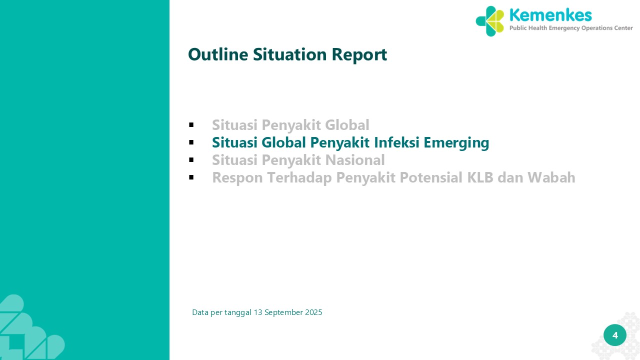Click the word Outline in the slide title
[218, 54]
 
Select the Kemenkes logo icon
[489, 21]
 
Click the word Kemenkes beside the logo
[550, 15]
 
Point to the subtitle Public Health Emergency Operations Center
[571, 28]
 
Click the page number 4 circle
[615, 335]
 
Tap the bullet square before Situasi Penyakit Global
[191, 125]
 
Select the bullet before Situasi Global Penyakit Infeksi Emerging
[191, 142]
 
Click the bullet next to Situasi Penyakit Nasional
[191, 159]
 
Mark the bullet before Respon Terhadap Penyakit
[191, 177]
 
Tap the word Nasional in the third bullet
[355, 159]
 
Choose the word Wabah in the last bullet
[551, 177]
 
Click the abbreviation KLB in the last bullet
[480, 177]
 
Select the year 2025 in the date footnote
[313, 312]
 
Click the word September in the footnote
[283, 313]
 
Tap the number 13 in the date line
[258, 312]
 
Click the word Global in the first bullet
[347, 125]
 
